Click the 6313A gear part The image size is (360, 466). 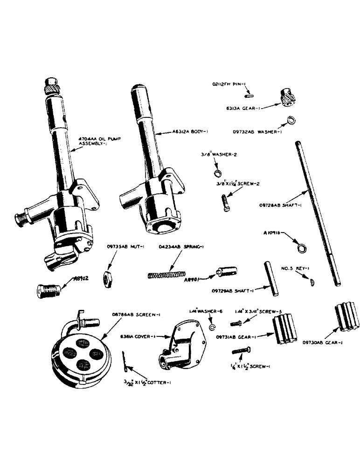point(288,98)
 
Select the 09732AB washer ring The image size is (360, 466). point(291,120)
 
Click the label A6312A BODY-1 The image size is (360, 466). point(179,132)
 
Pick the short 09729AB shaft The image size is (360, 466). point(270,278)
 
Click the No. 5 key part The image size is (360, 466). point(312,281)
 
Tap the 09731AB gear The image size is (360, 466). point(284,329)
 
